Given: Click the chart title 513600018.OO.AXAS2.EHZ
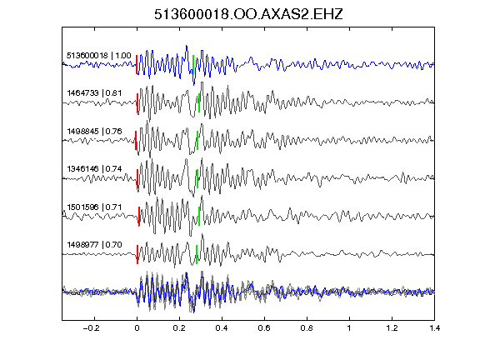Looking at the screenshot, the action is [x=248, y=14].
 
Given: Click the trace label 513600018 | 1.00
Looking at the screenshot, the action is [x=99, y=55].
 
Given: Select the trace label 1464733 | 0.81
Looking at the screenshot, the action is [x=94, y=92].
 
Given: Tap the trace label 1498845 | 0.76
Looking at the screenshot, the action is [x=94, y=132].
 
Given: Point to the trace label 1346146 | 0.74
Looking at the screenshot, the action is [x=94, y=169].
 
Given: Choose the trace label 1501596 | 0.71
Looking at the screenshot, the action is [x=94, y=207].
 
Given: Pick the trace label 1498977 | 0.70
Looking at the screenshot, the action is [x=94, y=245].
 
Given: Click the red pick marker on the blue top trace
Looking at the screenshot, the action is [x=137, y=64].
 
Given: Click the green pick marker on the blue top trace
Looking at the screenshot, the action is [x=193, y=64].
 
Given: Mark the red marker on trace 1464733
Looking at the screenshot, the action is [x=137, y=102].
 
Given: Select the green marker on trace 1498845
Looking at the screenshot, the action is [x=197, y=141].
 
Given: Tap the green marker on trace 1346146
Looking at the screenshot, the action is [x=197, y=179].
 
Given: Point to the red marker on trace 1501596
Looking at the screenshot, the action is [x=139, y=217].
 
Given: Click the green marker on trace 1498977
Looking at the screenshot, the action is [x=197, y=255].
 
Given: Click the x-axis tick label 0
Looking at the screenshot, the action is [x=137, y=328].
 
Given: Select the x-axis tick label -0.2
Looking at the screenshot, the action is [x=91, y=328].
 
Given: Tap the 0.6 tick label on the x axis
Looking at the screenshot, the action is [x=264, y=328].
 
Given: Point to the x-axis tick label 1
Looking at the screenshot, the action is [x=349, y=328].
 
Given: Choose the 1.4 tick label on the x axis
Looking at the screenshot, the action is [x=434, y=328].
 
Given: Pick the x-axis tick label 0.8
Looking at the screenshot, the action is [x=307, y=328].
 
